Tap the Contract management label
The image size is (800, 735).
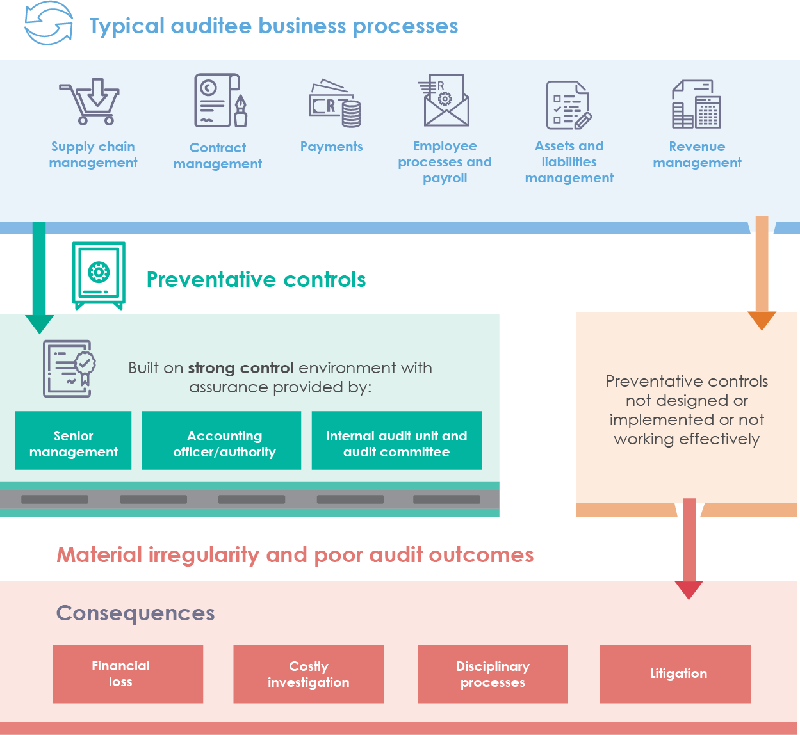[218, 156]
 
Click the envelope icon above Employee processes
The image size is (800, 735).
[445, 101]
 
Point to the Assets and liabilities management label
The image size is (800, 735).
[569, 162]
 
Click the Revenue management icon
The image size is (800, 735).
[696, 104]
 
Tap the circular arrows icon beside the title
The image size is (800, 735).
[49, 23]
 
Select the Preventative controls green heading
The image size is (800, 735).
[256, 280]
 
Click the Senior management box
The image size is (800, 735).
[73, 441]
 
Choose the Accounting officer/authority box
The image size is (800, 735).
[222, 441]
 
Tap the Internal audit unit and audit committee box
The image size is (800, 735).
[396, 441]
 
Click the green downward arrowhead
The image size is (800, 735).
[39, 323]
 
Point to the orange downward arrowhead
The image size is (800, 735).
[762, 319]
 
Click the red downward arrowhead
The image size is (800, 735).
[689, 589]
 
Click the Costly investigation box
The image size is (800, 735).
[309, 674]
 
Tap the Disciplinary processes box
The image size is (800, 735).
[493, 674]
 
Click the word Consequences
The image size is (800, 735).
[136, 613]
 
